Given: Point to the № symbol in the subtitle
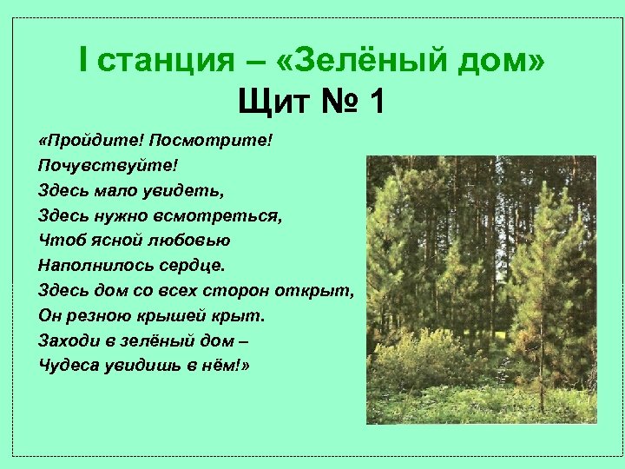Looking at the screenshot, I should [x=333, y=103].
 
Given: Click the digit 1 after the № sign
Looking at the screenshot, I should [x=374, y=103].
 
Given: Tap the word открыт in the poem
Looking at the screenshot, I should [x=316, y=289].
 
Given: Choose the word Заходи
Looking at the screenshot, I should [x=67, y=340].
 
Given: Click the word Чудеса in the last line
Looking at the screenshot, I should [x=67, y=364].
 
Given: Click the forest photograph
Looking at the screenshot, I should [x=481, y=289].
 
